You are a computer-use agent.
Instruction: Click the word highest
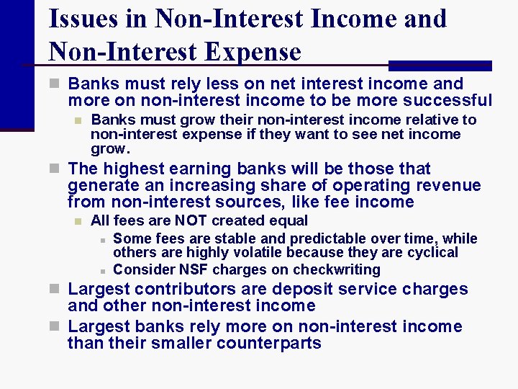[133, 169]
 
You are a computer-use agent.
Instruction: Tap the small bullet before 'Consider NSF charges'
[103, 271]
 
